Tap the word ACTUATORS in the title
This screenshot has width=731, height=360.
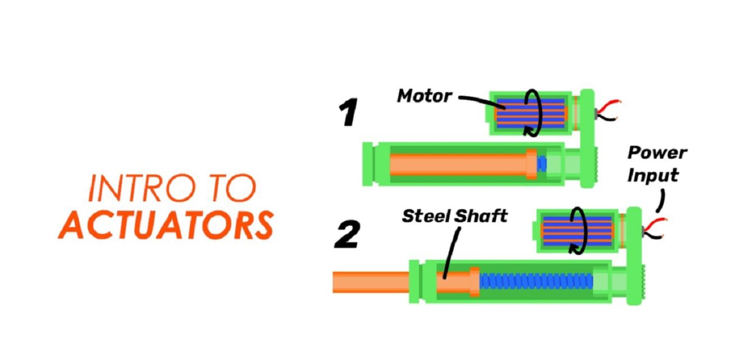pyautogui.click(x=166, y=225)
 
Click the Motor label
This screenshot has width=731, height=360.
pyautogui.click(x=424, y=96)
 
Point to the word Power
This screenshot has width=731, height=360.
pyautogui.click(x=657, y=153)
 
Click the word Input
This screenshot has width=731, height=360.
pyautogui.click(x=653, y=175)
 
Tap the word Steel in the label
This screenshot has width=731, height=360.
pyautogui.click(x=426, y=216)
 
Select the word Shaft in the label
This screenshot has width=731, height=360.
pyautogui.click(x=481, y=216)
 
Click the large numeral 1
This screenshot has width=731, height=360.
pyautogui.click(x=349, y=112)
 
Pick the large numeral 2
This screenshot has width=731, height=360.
pyautogui.click(x=348, y=235)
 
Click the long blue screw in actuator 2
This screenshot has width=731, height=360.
pyautogui.click(x=536, y=282)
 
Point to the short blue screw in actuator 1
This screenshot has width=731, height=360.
pyautogui.click(x=542, y=164)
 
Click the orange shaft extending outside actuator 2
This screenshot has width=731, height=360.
pyautogui.click(x=371, y=282)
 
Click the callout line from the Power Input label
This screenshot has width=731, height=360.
pyautogui.click(x=661, y=201)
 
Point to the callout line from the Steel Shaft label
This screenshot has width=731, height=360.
pyautogui.click(x=452, y=253)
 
